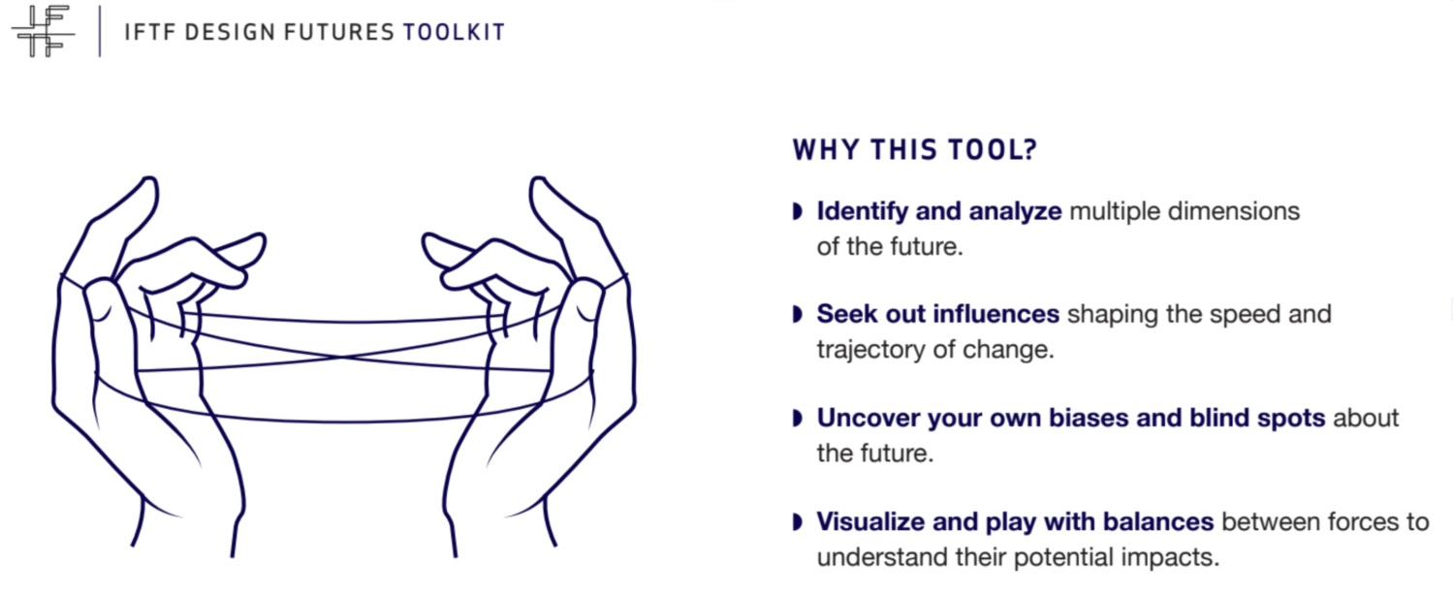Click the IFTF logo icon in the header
(x=43, y=31)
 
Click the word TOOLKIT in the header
(x=454, y=32)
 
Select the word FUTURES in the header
(x=339, y=32)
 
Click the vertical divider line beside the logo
(x=100, y=31)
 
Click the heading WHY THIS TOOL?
(x=915, y=150)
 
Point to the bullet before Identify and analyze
(x=798, y=211)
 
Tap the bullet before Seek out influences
(x=798, y=314)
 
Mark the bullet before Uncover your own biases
(x=798, y=418)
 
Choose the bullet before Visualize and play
(x=798, y=522)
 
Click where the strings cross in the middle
(x=344, y=357)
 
